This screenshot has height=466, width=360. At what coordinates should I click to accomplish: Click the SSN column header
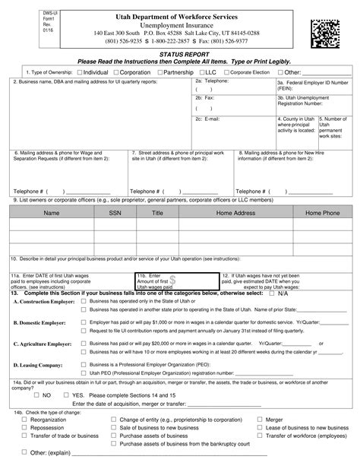(113, 214)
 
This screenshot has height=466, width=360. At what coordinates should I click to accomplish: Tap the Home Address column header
(235, 214)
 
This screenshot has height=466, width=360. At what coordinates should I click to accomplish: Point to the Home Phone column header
(322, 214)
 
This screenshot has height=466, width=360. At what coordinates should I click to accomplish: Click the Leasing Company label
(38, 365)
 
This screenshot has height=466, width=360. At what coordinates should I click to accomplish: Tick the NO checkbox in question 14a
(36, 395)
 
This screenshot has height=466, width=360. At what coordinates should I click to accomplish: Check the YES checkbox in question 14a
(65, 395)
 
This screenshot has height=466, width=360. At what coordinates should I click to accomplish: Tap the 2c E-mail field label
(207, 119)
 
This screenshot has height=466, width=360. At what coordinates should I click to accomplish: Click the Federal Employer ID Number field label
(312, 84)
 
